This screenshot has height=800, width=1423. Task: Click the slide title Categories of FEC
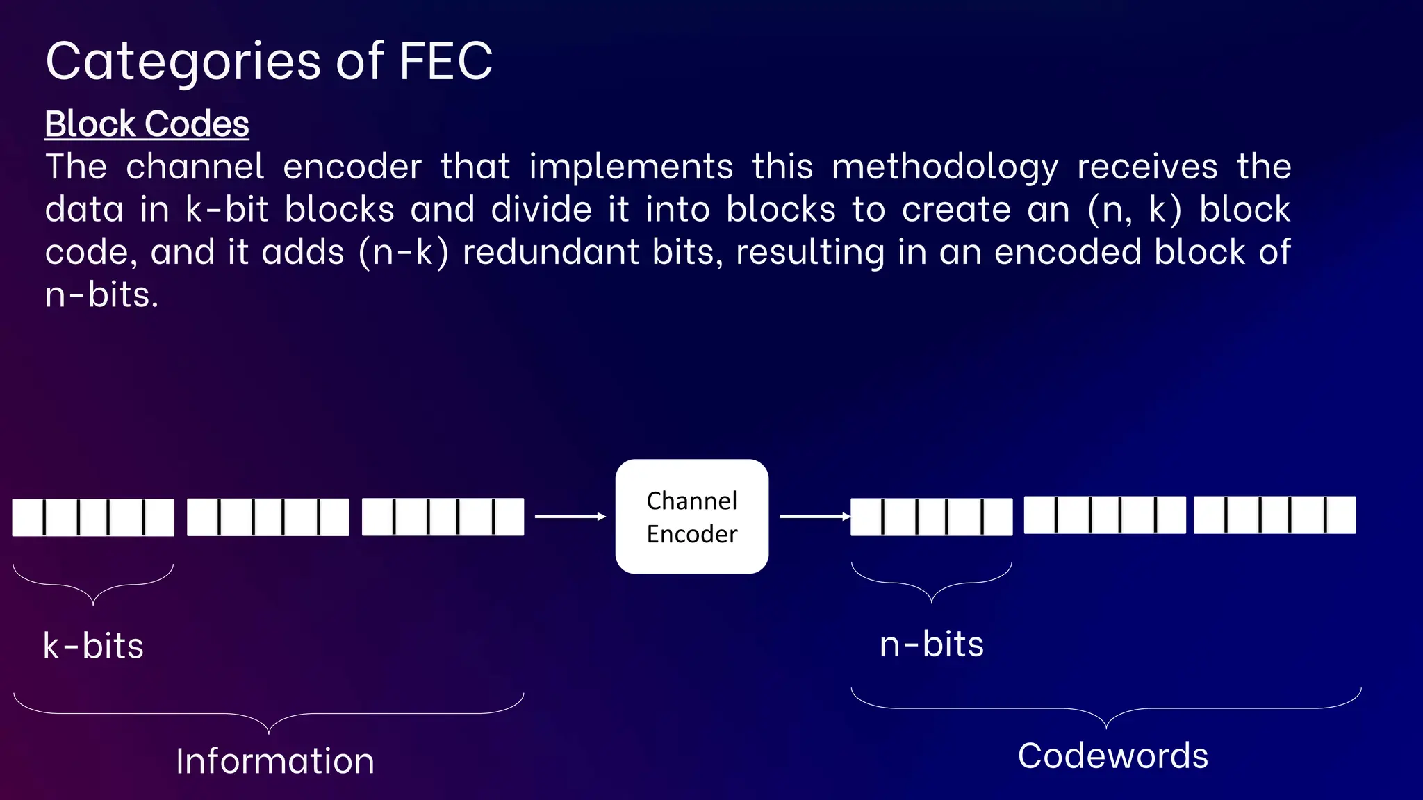(269, 62)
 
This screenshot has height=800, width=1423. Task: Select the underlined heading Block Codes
(147, 124)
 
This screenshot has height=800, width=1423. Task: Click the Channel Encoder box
(691, 517)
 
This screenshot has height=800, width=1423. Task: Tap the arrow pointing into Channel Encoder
(570, 517)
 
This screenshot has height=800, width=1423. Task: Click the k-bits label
(94, 646)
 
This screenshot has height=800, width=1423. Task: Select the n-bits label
(931, 644)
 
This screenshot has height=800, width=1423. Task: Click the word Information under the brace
(275, 761)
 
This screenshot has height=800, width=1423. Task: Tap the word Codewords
(1112, 756)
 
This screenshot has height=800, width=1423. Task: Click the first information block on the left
(93, 517)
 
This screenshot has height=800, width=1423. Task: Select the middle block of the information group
(268, 517)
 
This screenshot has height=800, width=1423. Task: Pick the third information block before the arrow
(443, 517)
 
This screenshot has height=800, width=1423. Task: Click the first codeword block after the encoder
(931, 517)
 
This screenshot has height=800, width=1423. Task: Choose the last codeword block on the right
(1274, 515)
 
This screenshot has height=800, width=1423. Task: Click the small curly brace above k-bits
(93, 585)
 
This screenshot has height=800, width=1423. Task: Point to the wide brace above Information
(268, 714)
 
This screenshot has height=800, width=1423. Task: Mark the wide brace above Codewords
(1105, 709)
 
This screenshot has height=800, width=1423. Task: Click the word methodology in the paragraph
(945, 167)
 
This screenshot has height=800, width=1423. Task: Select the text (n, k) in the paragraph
(1134, 210)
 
